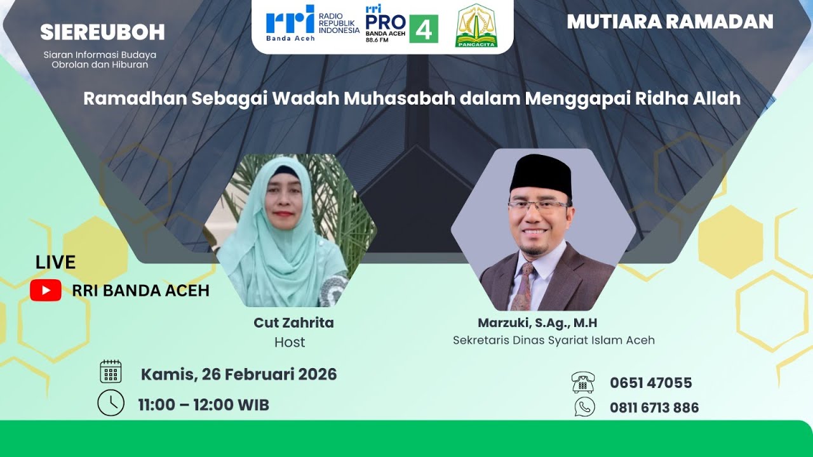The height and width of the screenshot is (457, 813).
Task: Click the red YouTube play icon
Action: pyautogui.click(x=46, y=290)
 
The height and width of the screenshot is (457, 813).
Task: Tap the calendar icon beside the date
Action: pyautogui.click(x=111, y=371)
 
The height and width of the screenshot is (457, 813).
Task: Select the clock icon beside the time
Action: pyautogui.click(x=111, y=402)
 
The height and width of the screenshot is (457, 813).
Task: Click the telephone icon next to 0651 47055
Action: pyautogui.click(x=583, y=382)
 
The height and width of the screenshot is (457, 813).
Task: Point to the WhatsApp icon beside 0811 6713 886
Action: pyautogui.click(x=584, y=406)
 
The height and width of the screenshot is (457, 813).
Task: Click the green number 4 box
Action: pyautogui.click(x=424, y=29)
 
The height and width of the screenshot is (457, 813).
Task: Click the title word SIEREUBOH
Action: pyautogui.click(x=102, y=32)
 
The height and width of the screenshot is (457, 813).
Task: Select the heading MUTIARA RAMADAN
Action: pyautogui.click(x=670, y=22)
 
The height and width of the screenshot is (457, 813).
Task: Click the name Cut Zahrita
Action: pyautogui.click(x=293, y=322)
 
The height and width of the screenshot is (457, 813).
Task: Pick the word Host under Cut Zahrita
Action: pyautogui.click(x=290, y=342)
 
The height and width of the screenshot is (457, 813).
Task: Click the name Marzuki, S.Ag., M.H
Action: pyautogui.click(x=537, y=323)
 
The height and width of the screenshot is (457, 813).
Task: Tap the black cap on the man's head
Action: pyautogui.click(x=541, y=173)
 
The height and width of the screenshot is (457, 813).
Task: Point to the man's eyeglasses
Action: pyautogui.click(x=539, y=205)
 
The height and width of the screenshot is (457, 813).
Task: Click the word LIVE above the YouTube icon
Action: pyautogui.click(x=55, y=262)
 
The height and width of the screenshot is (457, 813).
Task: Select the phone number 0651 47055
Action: pyautogui.click(x=650, y=383)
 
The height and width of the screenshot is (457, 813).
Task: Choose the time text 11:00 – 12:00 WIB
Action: pyautogui.click(x=203, y=404)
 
